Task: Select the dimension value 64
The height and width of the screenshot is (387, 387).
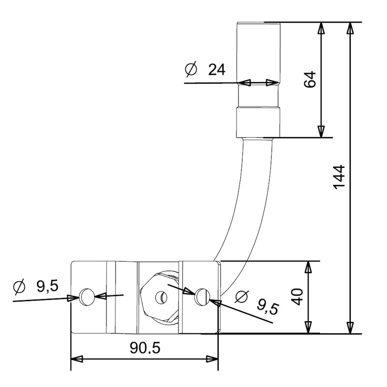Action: [x=310, y=79]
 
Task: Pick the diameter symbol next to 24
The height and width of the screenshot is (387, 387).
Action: [x=191, y=70]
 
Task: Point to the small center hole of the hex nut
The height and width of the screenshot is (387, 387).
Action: [x=158, y=295]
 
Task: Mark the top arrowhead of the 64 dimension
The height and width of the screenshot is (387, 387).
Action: [x=321, y=28]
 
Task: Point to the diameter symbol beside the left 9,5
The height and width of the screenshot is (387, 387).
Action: [x=19, y=286]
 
